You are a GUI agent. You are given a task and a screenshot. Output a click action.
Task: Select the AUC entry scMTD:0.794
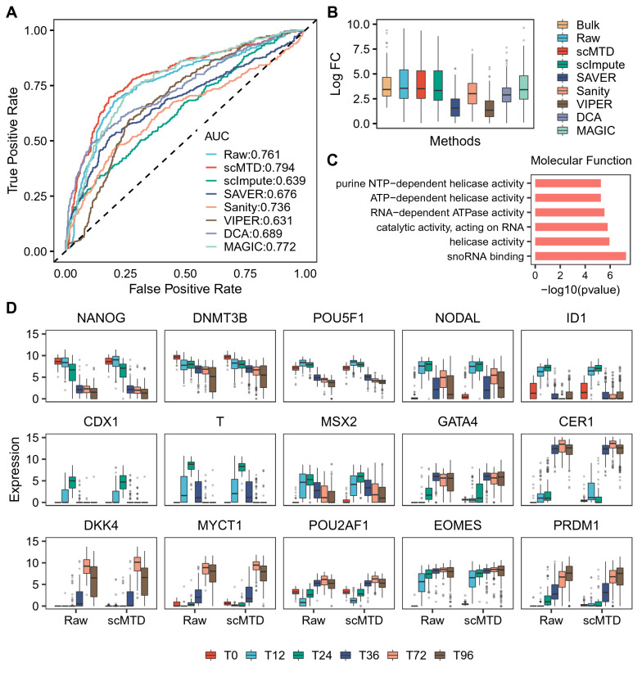point(247,167)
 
